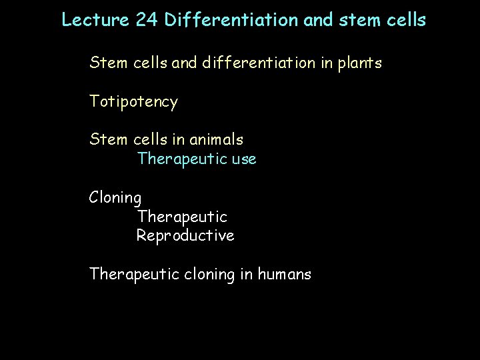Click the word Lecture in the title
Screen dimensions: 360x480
click(89, 20)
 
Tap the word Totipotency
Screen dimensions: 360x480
click(134, 103)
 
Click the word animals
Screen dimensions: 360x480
click(217, 140)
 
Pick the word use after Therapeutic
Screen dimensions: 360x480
click(244, 160)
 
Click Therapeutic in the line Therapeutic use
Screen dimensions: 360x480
click(182, 160)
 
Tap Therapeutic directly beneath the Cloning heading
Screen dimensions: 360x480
click(182, 217)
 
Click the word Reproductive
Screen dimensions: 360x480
click(185, 236)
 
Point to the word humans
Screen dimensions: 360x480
click(283, 274)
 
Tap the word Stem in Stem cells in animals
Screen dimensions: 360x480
click(108, 140)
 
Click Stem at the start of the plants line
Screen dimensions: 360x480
click(108, 64)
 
